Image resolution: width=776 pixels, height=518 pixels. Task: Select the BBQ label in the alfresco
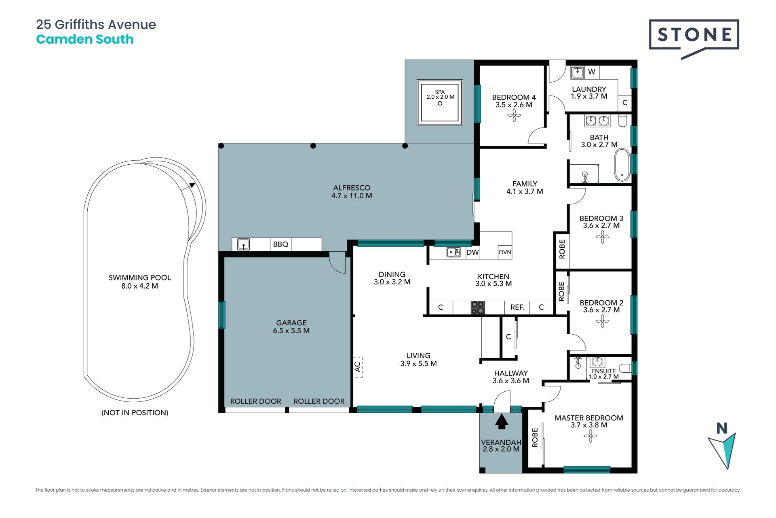point(280,244)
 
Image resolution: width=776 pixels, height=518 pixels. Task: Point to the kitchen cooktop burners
point(478,308)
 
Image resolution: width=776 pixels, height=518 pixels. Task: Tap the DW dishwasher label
point(472,253)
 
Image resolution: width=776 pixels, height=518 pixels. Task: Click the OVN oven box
point(505,252)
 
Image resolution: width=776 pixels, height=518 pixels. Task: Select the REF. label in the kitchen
point(517,307)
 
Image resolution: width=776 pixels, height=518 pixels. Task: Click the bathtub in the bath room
point(622,165)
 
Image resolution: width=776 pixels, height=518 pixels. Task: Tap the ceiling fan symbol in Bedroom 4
point(514,116)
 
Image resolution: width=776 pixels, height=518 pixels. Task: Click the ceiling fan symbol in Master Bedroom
point(590,436)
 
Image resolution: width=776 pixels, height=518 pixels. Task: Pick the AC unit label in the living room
point(358,367)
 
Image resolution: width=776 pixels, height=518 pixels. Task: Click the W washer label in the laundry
point(592,72)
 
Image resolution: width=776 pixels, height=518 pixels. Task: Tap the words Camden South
point(85,39)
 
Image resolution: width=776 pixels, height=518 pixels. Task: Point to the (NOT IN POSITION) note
point(135,413)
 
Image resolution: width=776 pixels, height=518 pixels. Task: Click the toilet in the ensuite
point(625,368)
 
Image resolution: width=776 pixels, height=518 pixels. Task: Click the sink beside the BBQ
point(243,244)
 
